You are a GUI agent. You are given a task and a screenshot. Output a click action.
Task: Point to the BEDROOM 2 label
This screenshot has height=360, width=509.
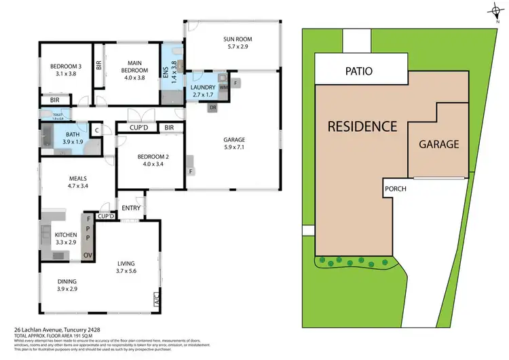(x=151, y=160)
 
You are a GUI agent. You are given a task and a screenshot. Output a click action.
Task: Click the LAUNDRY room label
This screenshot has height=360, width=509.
(x=203, y=91)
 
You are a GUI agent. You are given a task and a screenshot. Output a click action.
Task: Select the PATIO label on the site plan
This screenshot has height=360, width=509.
(x=360, y=71)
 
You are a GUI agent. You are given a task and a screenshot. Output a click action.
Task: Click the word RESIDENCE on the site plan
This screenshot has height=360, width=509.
(x=362, y=126)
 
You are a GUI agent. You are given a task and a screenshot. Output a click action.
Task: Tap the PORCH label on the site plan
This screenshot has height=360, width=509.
(x=395, y=189)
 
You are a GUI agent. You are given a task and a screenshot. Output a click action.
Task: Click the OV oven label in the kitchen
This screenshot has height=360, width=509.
(x=87, y=255)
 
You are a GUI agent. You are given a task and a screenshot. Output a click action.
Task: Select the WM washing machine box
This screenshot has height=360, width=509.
(x=225, y=88)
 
